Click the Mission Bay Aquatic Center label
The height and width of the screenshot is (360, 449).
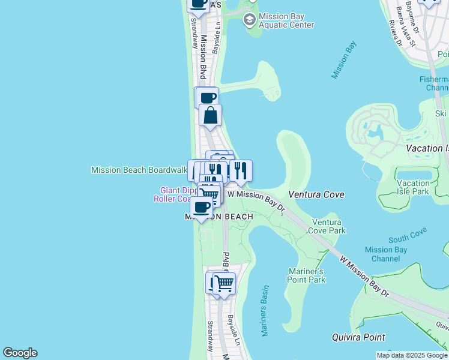(286, 20)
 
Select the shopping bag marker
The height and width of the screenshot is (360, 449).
(211, 115)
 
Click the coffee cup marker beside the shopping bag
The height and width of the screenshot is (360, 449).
(207, 98)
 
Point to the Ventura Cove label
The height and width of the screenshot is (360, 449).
(316, 194)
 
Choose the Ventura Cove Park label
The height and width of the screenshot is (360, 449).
(328, 226)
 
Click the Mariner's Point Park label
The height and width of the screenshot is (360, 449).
(307, 275)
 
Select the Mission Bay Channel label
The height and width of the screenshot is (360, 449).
(386, 254)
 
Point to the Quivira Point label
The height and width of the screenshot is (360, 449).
(358, 337)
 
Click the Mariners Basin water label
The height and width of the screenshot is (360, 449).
(265, 310)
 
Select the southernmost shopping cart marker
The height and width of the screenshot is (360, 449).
(224, 283)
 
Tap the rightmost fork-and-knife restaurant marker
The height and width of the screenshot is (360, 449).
(241, 170)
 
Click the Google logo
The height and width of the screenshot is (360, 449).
(20, 353)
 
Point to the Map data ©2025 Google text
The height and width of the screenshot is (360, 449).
(412, 355)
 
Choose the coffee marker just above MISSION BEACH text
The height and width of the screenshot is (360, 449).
(201, 208)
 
